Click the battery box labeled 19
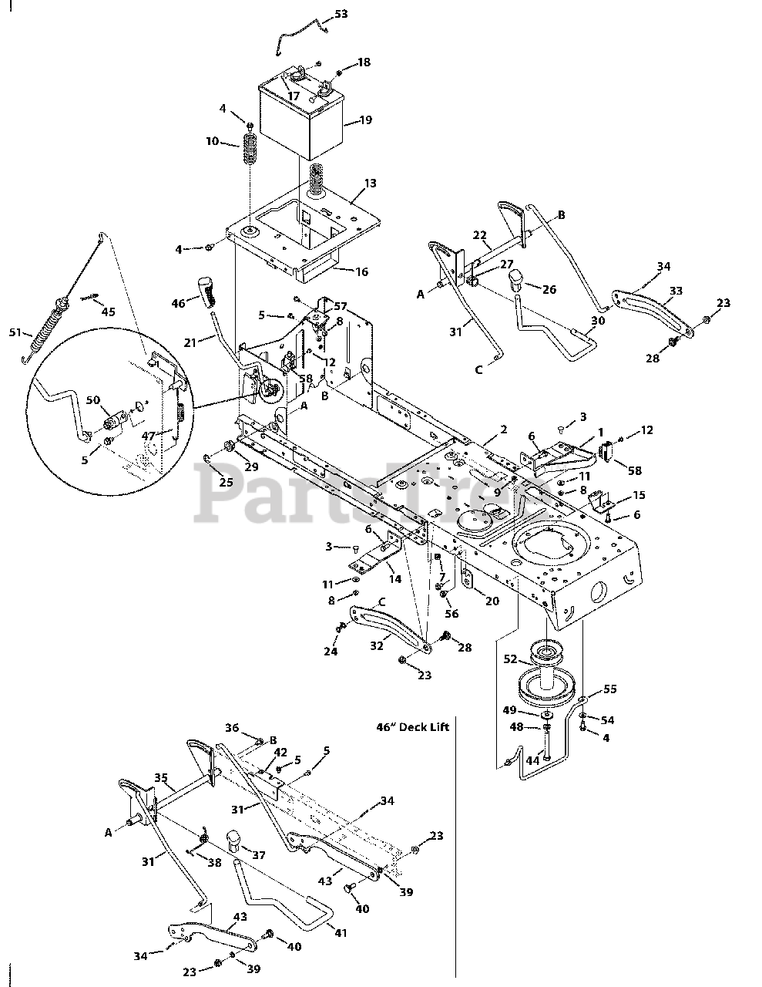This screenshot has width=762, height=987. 300,123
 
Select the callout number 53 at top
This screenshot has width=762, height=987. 341,15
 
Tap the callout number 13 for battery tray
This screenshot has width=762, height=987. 371,184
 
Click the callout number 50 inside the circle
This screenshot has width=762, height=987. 92,399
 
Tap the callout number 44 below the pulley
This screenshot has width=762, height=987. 532,761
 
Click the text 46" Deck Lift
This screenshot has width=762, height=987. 413,726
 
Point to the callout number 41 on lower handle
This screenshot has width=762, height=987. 341,933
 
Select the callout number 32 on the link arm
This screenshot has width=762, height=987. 376,646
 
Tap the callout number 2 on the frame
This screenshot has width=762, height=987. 503,429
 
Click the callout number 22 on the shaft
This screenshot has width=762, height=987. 479,236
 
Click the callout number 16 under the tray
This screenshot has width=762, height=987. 361,271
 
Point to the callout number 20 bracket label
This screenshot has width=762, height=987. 492,601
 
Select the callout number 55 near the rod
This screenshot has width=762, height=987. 609,689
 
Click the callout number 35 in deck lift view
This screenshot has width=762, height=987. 160,778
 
